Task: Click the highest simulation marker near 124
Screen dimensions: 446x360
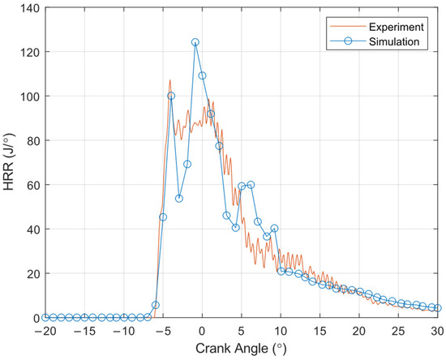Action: tap(195, 42)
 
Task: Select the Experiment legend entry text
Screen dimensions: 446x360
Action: tap(397, 27)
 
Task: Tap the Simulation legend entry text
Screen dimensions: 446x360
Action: tap(394, 41)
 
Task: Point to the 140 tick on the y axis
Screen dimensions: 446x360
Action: tap(29, 8)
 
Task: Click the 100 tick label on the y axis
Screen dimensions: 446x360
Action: tap(29, 96)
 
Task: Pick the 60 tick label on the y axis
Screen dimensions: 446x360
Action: tap(33, 185)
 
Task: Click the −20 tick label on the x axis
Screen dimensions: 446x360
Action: tap(45, 331)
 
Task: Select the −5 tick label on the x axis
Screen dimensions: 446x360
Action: tap(163, 331)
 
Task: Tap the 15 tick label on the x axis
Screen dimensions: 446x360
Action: tap(320, 331)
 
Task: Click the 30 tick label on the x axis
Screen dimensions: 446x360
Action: tap(437, 331)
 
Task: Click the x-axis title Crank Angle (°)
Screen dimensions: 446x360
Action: tap(241, 349)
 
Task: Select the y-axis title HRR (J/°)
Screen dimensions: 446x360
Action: tap(9, 162)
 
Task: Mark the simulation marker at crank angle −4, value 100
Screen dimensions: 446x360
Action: tap(171, 96)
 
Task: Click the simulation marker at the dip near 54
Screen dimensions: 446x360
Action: tap(179, 199)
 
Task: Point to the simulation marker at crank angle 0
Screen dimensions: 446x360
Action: tap(202, 75)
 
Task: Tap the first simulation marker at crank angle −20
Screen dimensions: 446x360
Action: tap(45, 317)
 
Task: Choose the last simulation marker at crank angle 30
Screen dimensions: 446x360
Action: tap(438, 308)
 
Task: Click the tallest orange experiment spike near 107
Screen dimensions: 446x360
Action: tap(170, 80)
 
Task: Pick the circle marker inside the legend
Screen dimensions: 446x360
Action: tap(348, 41)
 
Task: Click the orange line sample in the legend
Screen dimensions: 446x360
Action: tap(348, 27)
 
